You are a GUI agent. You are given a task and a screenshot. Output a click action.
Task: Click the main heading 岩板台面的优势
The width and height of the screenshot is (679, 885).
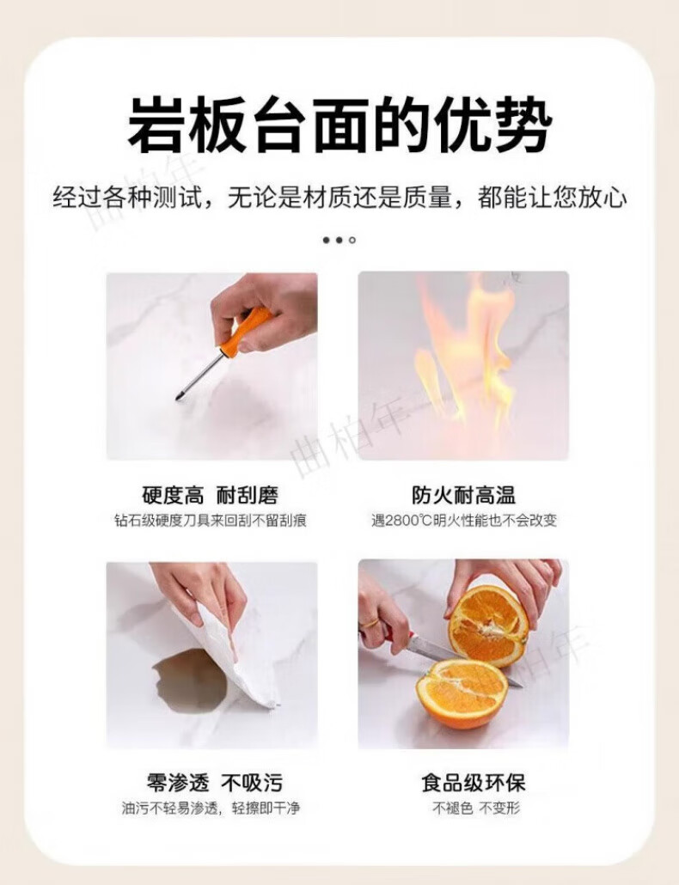339,125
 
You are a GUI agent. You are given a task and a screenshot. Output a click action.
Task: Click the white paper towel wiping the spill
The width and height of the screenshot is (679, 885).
237,655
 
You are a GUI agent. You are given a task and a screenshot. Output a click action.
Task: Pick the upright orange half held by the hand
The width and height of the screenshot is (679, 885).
487,626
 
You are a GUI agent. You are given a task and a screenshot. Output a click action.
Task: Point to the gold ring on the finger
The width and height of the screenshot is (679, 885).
370,623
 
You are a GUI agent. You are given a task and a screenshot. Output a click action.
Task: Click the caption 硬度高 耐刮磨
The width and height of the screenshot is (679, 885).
211,495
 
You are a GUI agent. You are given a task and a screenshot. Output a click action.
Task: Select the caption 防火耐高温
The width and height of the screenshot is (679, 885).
463,495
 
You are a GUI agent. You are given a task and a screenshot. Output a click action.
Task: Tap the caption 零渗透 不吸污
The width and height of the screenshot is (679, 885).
214,783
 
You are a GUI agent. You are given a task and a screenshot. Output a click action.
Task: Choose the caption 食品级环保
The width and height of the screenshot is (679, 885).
473,783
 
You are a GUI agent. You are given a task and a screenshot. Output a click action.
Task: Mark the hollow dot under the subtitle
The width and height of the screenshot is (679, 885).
352,241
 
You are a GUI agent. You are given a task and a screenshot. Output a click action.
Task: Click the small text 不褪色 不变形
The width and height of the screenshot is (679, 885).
476,809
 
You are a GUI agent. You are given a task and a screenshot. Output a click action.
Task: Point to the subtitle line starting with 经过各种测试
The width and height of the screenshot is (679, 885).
339,198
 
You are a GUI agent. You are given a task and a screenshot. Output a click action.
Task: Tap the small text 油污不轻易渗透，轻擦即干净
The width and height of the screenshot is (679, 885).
211,809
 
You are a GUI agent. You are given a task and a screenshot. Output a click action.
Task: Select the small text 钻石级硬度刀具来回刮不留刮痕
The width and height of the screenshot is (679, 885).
211,520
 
